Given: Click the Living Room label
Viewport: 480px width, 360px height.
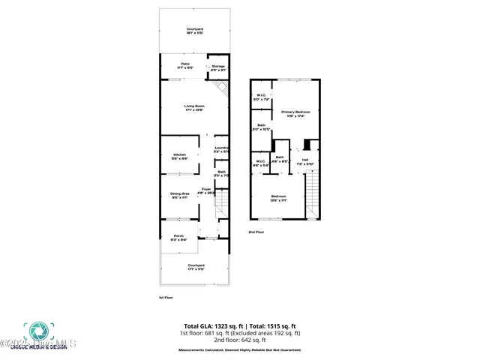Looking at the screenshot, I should (x=195, y=107).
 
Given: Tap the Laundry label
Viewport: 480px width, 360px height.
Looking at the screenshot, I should (x=221, y=149).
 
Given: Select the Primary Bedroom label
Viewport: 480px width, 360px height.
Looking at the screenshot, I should (x=295, y=113).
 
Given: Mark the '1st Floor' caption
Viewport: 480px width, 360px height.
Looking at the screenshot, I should (x=166, y=298).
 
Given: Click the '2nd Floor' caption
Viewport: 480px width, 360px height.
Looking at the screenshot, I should (x=256, y=232).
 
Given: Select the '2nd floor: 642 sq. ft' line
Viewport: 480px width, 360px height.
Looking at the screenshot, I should (x=240, y=339).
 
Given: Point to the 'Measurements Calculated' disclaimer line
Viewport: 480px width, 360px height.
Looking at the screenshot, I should (x=239, y=350).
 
